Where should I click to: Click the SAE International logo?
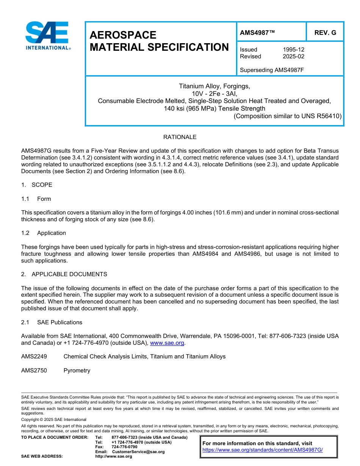47,36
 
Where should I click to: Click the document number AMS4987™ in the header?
257,33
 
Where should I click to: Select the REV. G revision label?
325,33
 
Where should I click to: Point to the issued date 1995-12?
293,50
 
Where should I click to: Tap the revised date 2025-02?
293,56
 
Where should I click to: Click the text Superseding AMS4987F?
272,70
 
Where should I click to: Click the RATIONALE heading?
180,137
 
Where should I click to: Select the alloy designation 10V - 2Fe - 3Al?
214,94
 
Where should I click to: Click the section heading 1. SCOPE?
37,185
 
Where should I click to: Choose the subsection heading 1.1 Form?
36,199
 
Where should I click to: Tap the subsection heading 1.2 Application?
44,233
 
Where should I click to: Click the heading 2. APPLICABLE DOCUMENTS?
64,274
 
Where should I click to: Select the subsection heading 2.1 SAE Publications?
52,322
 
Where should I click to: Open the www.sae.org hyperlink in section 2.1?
167,343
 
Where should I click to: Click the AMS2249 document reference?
34,357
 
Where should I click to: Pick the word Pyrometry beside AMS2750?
77,371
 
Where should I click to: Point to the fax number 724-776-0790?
124,447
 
